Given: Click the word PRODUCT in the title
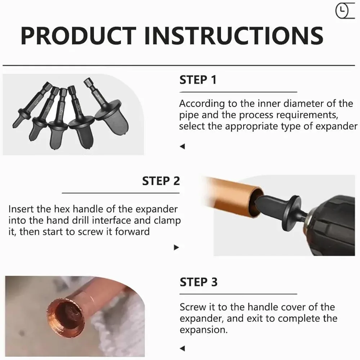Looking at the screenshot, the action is pyautogui.click(x=78, y=36).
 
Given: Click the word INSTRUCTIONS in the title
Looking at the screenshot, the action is pyautogui.click(x=234, y=36).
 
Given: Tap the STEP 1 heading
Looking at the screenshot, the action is pyautogui.click(x=198, y=80).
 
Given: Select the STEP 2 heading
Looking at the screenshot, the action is pyautogui.click(x=161, y=181).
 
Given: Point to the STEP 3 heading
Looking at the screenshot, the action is pyautogui.click(x=198, y=282).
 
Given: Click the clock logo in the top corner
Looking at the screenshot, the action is pyautogui.click(x=345, y=11).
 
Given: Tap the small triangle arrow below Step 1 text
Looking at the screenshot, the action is pyautogui.click(x=183, y=146).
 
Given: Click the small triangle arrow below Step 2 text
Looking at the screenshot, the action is pyautogui.click(x=176, y=247).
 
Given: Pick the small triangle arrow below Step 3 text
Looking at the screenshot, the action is pyautogui.click(x=183, y=348).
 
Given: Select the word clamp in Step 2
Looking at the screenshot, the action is pyautogui.click(x=167, y=221).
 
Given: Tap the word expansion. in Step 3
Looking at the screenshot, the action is pyautogui.click(x=203, y=330).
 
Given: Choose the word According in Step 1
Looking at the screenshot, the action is pyautogui.click(x=202, y=104).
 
